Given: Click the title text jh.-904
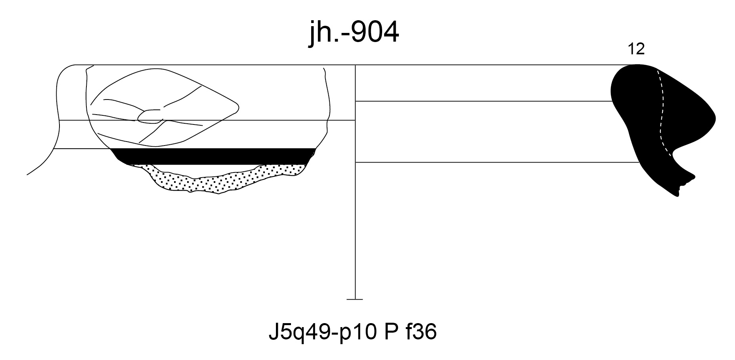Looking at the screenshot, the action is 354,34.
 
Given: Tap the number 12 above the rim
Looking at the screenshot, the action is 636,49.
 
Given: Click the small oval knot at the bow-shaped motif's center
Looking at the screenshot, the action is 150,115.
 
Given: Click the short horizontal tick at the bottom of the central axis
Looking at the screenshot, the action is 354,299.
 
